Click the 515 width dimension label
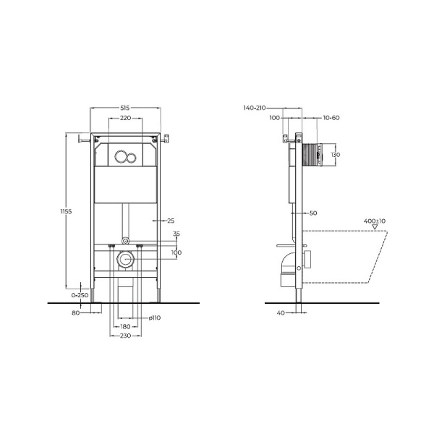pos(125,107)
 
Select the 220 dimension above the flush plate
pos(125,117)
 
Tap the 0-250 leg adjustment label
pos(80,295)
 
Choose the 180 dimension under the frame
pos(125,327)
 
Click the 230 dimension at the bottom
pos(125,336)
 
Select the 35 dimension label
pos(176,234)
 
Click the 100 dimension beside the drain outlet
pos(176,252)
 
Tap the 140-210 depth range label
pos(258,107)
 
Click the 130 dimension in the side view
pos(334,155)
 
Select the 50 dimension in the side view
pos(313,213)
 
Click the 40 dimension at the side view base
pos(281,312)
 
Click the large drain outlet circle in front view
pos(125,260)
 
